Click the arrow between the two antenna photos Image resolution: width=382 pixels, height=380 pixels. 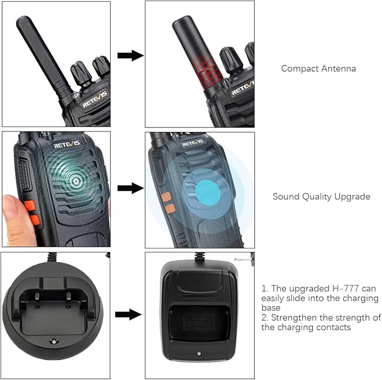pos(131,56)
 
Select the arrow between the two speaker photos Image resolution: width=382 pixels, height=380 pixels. pos(131,188)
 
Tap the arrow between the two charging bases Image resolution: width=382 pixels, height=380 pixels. pos(128,315)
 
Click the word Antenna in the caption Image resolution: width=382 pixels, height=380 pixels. pos(338,69)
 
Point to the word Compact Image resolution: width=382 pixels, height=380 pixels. pos(300,69)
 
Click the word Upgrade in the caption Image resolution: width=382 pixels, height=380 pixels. pos(352,197)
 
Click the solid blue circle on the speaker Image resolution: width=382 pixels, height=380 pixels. pos(208,193)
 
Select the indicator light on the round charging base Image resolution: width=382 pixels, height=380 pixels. pos(53,341)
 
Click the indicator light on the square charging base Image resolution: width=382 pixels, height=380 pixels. pos(199,354)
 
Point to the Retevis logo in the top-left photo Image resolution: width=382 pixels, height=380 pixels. pos(95,98)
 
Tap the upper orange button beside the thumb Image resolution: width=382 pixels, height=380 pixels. pos(30,206)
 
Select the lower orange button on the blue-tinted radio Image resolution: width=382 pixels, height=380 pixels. pos(170,209)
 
